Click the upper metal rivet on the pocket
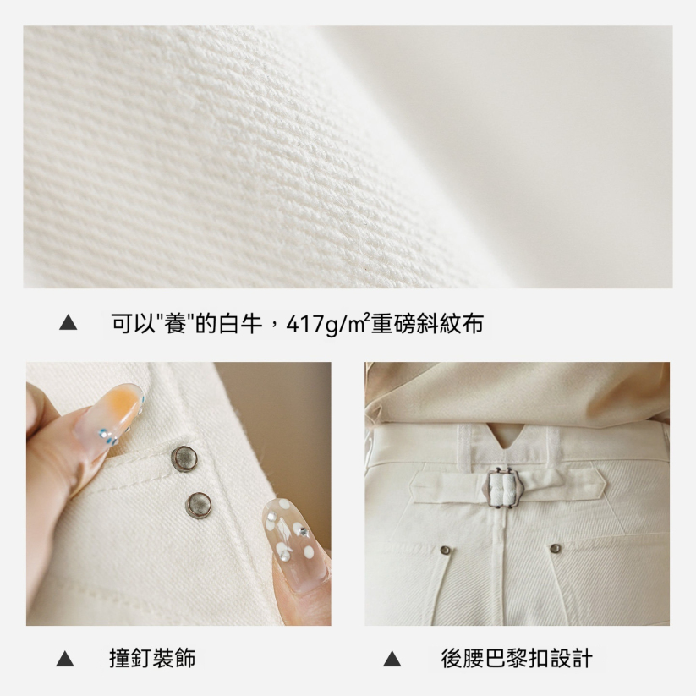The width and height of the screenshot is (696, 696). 183,458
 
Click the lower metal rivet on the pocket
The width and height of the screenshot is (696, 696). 199,504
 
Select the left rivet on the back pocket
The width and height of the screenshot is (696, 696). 445,551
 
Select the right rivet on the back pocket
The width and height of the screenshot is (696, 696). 555,548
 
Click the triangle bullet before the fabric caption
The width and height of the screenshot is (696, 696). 69,323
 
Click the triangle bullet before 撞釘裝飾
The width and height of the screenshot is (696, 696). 65,659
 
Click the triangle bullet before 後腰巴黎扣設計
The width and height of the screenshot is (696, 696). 392,659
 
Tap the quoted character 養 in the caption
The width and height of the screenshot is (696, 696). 177,323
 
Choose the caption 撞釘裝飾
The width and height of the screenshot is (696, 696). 152,658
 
